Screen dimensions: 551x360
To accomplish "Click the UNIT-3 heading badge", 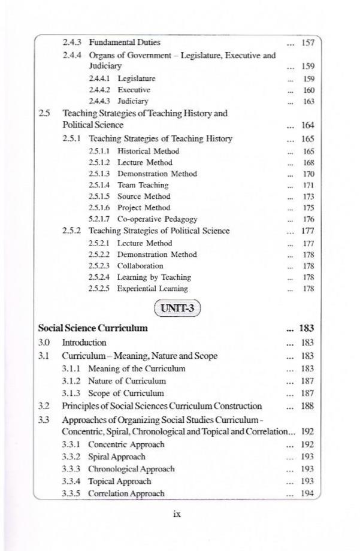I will [177, 309].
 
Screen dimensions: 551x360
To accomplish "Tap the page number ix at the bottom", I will [177, 514].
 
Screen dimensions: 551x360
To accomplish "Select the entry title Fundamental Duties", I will [125, 43].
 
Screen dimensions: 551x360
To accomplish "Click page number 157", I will [308, 43].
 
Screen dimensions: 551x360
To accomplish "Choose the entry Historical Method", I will [148, 152].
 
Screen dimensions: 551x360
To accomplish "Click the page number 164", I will [308, 126].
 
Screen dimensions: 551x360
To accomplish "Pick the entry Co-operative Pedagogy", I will [157, 220].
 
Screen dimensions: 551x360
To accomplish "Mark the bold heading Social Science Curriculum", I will [93, 328].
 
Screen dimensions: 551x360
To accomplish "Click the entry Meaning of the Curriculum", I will [137, 369].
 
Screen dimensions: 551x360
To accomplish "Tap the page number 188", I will [308, 407].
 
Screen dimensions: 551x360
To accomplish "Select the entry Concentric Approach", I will [126, 445].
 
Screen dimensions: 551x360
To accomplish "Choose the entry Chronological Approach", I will [131, 469].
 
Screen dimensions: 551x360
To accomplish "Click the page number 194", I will [308, 494].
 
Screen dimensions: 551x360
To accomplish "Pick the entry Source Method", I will [144, 196].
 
